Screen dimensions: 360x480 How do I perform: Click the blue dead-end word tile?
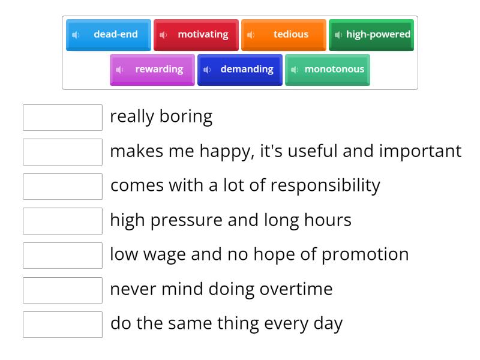[109, 35]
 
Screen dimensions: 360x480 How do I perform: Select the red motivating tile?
[196, 35]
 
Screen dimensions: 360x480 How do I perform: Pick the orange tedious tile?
[284, 35]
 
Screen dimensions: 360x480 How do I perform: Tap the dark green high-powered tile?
[371, 35]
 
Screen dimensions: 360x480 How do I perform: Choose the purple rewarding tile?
[152, 70]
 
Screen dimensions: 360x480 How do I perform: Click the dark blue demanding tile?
[240, 70]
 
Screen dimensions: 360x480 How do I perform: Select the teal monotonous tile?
[328, 70]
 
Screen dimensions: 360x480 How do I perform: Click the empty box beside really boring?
[62, 118]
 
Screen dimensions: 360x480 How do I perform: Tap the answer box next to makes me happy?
[62, 152]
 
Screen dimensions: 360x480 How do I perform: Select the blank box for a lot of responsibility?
[62, 187]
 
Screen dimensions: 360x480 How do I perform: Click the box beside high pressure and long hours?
[62, 221]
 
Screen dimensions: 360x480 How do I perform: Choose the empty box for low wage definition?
[62, 256]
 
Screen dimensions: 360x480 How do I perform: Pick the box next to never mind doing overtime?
[62, 290]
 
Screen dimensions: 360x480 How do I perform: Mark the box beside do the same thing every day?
[62, 325]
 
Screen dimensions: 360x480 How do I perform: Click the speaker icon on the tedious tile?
[251, 35]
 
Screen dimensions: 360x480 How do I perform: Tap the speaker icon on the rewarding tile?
[119, 70]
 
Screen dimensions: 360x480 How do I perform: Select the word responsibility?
[325, 185]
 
